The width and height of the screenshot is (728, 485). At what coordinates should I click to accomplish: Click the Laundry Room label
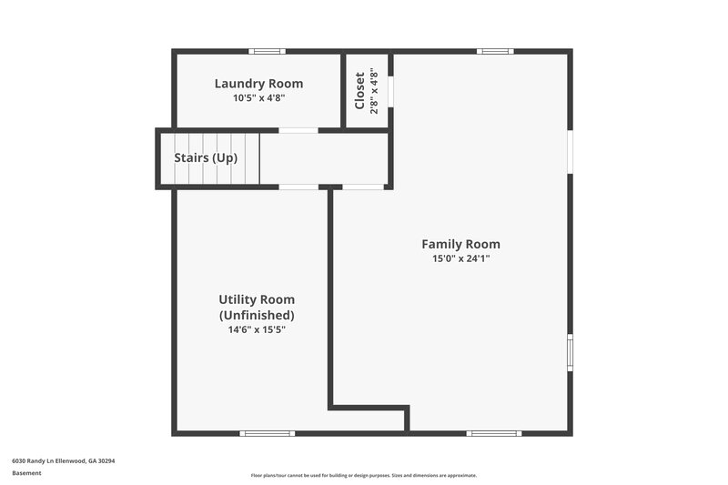click(x=258, y=84)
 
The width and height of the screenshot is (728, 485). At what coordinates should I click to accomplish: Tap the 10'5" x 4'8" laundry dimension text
click(x=258, y=98)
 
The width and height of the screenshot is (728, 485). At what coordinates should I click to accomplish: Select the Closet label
click(x=359, y=90)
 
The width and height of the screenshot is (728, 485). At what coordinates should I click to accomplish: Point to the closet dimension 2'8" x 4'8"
click(x=373, y=90)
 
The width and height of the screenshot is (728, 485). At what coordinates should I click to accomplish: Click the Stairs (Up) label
click(x=206, y=157)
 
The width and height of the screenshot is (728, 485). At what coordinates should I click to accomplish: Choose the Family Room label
click(x=460, y=244)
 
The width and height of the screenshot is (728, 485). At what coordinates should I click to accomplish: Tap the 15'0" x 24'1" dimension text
click(x=460, y=258)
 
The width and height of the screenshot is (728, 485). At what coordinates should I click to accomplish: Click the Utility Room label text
click(x=257, y=299)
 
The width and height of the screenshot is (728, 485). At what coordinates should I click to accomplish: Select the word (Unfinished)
click(x=257, y=315)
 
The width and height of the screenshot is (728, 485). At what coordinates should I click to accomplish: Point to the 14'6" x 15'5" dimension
click(x=257, y=329)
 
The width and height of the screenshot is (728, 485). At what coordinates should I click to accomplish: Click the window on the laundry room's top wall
click(x=268, y=51)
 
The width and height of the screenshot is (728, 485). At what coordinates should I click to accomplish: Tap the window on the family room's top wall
click(x=495, y=51)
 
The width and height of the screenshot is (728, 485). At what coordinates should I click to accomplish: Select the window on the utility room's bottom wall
click(x=267, y=433)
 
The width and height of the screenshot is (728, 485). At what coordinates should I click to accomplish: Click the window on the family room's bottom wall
click(x=494, y=433)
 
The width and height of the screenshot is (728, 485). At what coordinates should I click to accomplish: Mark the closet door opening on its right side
click(x=390, y=91)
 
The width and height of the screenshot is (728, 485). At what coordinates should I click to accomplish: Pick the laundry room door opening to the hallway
click(x=298, y=130)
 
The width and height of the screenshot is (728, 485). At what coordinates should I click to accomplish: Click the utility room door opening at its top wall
click(x=298, y=187)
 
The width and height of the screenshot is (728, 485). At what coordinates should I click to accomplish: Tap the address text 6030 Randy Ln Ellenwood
click(x=63, y=460)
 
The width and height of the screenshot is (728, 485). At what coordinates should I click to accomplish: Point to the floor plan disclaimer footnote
click(x=364, y=475)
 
